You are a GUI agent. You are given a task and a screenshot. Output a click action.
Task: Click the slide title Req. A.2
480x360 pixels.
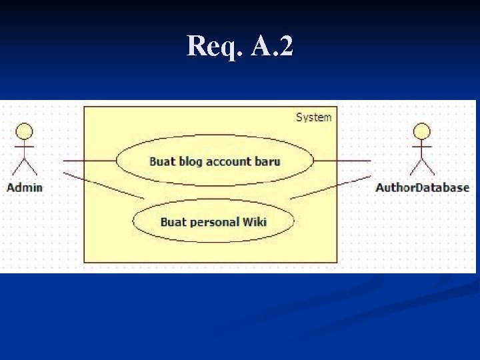[240, 46]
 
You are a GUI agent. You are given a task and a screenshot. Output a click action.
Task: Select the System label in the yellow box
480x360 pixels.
[313, 117]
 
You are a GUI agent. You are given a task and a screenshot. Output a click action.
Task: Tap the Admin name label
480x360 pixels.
[25, 187]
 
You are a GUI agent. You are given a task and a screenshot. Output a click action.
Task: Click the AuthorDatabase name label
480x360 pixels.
[422, 187]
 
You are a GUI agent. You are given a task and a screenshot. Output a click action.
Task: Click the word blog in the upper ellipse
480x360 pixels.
[191, 161]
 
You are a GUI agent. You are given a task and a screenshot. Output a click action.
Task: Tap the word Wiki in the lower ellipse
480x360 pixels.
[255, 221]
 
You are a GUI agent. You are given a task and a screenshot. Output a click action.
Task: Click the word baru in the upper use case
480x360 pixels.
[267, 161]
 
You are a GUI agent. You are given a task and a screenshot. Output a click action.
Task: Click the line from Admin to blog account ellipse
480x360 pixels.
[90, 161]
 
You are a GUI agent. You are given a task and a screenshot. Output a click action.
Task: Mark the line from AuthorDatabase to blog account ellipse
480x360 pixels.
[341, 161]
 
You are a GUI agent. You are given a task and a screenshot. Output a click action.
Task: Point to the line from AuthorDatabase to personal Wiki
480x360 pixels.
[330, 187]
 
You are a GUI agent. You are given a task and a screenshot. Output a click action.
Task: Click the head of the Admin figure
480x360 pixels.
[25, 131]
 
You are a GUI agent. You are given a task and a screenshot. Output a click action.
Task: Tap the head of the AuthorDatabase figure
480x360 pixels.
[422, 131]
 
